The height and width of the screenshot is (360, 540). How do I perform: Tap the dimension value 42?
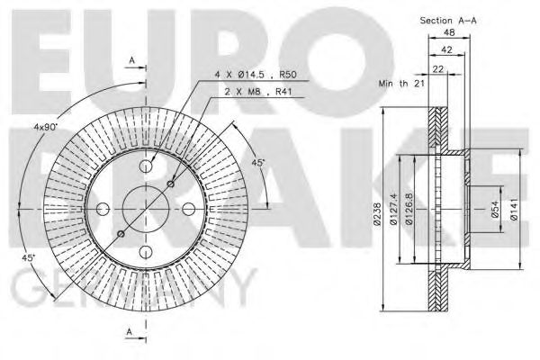[447, 52]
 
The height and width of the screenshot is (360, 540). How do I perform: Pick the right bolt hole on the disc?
[188, 208]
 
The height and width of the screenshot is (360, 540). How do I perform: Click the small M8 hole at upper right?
[171, 184]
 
